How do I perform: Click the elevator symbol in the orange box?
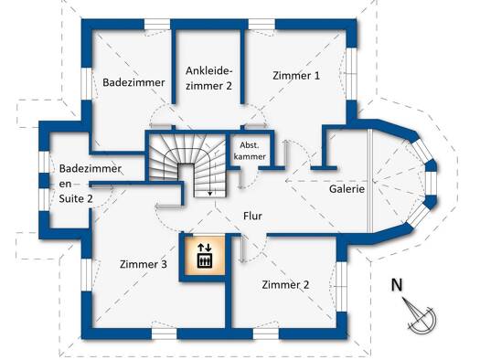point(205,256)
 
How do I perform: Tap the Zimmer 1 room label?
point(296,76)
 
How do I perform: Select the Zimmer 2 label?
point(285,285)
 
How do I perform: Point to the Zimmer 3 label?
point(144,264)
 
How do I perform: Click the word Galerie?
point(347,189)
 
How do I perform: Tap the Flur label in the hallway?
point(252,216)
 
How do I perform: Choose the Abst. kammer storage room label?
point(250,151)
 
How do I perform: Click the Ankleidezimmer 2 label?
point(208,79)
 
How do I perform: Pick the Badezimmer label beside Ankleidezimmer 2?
point(133,82)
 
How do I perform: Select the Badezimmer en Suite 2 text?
point(90,184)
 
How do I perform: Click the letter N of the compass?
point(397,285)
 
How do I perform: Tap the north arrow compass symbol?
point(420,315)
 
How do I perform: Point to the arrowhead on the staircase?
point(210,194)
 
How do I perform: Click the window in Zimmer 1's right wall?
point(351,74)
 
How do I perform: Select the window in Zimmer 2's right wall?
point(342,286)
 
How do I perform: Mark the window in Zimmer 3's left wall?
point(87,275)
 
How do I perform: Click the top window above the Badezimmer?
point(157,24)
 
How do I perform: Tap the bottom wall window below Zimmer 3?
point(164,334)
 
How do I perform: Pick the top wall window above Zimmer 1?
point(261,24)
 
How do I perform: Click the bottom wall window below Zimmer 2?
point(266,334)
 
